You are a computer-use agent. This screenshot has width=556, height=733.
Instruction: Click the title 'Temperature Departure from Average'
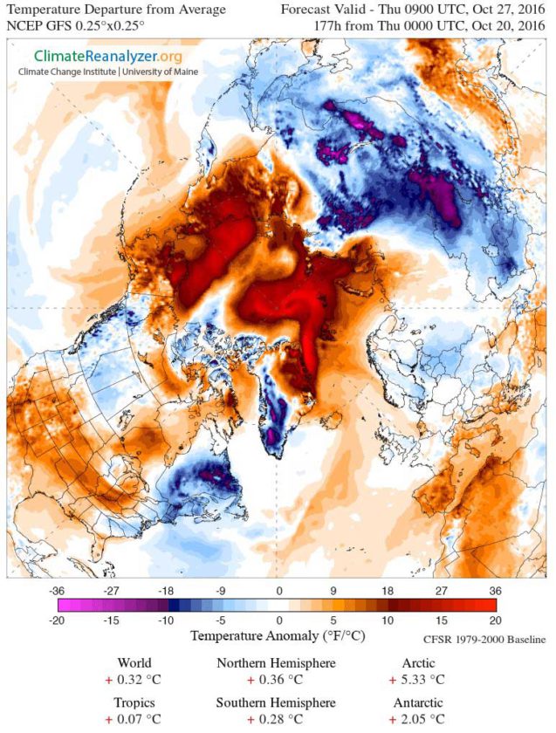click(116, 10)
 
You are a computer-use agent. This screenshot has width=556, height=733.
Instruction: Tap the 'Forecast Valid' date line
click(415, 10)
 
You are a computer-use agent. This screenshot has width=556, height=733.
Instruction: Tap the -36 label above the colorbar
click(58, 590)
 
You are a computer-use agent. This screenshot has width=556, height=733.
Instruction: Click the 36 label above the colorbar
click(496, 590)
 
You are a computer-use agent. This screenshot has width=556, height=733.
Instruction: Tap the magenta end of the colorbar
click(63, 605)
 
